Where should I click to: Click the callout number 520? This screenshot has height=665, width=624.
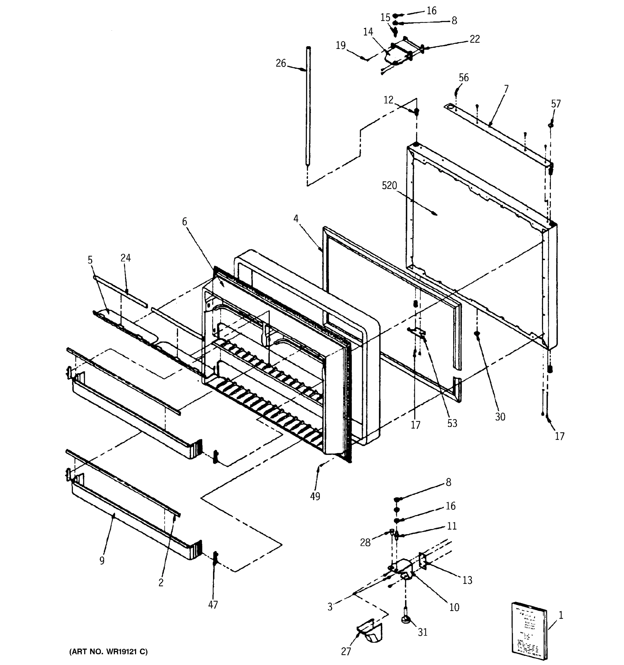389,186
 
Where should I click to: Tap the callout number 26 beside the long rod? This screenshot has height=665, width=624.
281,63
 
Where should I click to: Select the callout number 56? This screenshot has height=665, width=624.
463,78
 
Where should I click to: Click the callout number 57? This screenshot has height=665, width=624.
556,104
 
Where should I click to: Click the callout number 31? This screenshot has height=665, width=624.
422,632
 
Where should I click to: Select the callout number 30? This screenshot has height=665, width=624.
500,417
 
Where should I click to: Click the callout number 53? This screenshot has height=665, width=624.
452,423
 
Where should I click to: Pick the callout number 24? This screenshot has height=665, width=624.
126,258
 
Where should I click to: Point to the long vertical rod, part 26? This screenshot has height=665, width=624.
308,107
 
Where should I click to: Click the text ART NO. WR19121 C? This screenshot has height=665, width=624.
108,652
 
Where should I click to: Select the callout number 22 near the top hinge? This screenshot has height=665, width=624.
474,39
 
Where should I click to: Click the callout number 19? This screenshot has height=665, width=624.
341,45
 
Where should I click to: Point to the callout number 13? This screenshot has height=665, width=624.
467,580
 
